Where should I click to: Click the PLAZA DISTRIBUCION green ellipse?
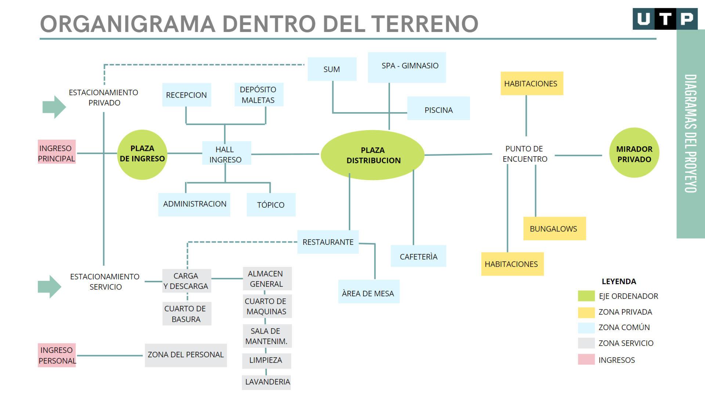pyautogui.click(x=372, y=155)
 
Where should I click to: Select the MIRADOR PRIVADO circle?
pyautogui.click(x=634, y=153)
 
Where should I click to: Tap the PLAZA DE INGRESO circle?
pyautogui.click(x=142, y=154)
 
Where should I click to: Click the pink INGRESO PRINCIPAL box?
pyautogui.click(x=57, y=152)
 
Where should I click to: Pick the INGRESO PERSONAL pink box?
pyautogui.click(x=57, y=355)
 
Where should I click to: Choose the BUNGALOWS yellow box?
pyautogui.click(x=554, y=229)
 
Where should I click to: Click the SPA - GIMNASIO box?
pyautogui.click(x=407, y=67)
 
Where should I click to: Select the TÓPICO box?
pyautogui.click(x=271, y=205)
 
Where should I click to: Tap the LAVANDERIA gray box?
pyautogui.click(x=267, y=382)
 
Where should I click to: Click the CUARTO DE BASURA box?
pyautogui.click(x=187, y=314)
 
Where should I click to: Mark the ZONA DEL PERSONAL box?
pyautogui.click(x=186, y=355)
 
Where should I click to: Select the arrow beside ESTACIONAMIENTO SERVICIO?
pyautogui.click(x=49, y=286)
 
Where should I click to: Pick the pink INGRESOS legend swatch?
pyautogui.click(x=586, y=360)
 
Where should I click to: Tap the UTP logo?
pyautogui.click(x=665, y=19)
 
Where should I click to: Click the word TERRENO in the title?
pyautogui.click(x=425, y=24)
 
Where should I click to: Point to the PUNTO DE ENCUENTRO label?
pyautogui.click(x=524, y=154)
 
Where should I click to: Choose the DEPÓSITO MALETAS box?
pyautogui.click(x=259, y=95)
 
